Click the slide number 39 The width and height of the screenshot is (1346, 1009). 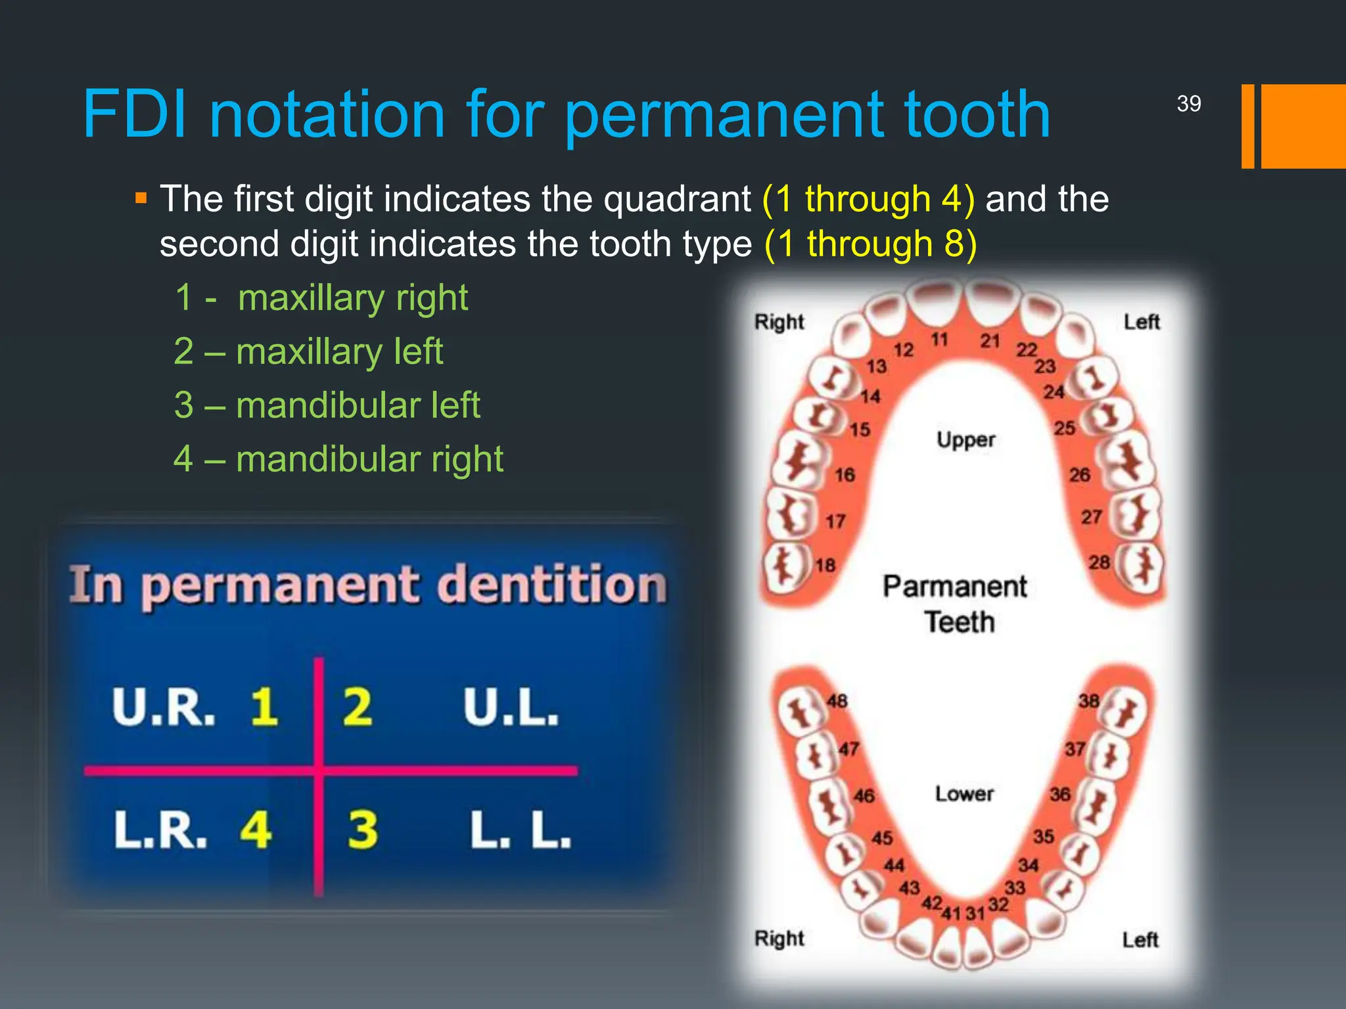1188,104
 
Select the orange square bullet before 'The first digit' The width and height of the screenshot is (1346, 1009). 141,198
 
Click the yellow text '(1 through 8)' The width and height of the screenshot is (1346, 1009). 870,244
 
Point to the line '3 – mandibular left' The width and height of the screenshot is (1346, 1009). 327,405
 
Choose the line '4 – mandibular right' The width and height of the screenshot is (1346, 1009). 338,459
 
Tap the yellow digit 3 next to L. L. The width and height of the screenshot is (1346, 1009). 362,829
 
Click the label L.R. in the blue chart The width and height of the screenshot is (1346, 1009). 161,829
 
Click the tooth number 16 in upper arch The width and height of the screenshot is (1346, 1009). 845,474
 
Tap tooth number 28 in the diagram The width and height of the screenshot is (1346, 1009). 1099,562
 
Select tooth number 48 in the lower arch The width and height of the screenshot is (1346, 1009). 837,701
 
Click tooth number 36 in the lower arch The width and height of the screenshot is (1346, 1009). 1059,794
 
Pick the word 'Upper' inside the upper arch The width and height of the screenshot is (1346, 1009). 965,439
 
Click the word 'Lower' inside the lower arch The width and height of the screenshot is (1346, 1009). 964,794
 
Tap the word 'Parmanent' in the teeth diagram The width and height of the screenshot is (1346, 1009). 954,587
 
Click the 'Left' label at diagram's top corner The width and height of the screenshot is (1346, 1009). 1141,322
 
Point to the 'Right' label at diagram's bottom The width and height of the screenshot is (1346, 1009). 779,938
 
